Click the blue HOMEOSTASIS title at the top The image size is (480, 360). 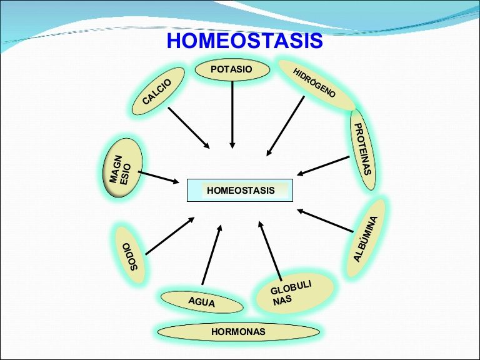click(x=244, y=41)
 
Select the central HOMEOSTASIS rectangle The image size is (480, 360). click(x=240, y=190)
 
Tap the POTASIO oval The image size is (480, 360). click(x=232, y=69)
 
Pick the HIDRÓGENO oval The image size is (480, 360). click(x=316, y=84)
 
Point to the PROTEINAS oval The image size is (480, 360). click(x=363, y=149)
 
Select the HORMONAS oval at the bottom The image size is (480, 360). click(x=238, y=331)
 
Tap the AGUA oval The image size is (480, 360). click(x=201, y=302)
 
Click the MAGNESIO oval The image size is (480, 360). click(x=122, y=168)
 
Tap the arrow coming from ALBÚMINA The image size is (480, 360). click(x=325, y=222)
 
